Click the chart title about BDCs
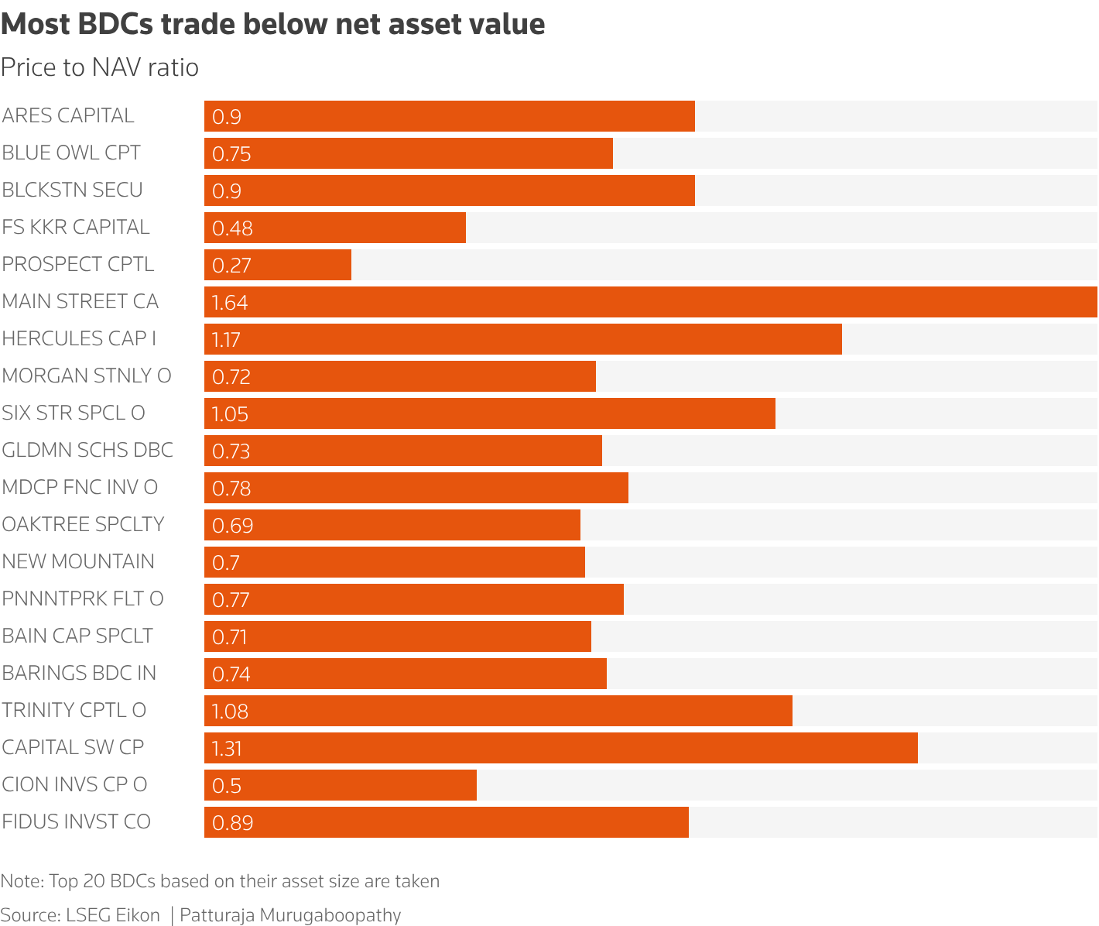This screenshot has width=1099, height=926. point(272,25)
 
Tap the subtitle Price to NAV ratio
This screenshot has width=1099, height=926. point(100,68)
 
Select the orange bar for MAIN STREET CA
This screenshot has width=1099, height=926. point(650,302)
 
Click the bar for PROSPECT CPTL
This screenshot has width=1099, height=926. point(278,265)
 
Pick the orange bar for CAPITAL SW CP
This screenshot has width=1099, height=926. point(561,748)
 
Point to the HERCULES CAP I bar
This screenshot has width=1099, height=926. point(523,339)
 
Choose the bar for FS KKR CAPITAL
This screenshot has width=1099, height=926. point(335,228)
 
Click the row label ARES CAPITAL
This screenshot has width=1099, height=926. point(68,115)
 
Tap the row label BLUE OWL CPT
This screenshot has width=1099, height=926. point(71,153)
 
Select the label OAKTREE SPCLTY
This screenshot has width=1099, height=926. point(83,524)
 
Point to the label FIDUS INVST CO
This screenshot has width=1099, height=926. point(76,821)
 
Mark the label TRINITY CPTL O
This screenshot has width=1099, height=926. point(74,710)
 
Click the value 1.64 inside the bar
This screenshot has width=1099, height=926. point(230,303)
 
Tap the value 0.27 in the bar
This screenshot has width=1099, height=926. point(231,266)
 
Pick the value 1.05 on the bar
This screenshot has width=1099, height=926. point(230,414)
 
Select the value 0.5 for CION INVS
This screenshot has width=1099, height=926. point(227,786)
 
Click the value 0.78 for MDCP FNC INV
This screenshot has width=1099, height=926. point(231,489)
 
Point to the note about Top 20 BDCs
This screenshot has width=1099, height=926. point(220,881)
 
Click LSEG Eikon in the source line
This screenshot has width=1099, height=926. point(113,915)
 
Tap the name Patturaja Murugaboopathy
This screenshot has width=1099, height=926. point(290,915)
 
